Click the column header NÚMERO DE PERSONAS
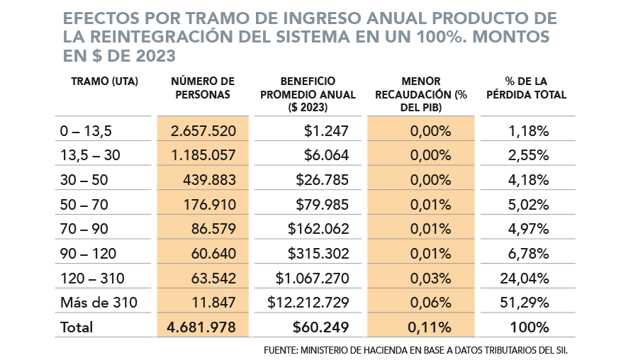tap(203, 88)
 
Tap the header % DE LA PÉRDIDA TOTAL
tap(526, 88)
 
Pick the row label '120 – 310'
tap(89, 279)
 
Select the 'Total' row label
tap(77, 327)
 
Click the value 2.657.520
tap(203, 131)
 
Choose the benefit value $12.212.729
tap(308, 303)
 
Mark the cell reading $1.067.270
tap(313, 279)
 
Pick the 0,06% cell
tap(430, 303)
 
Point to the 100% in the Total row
tap(530, 327)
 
